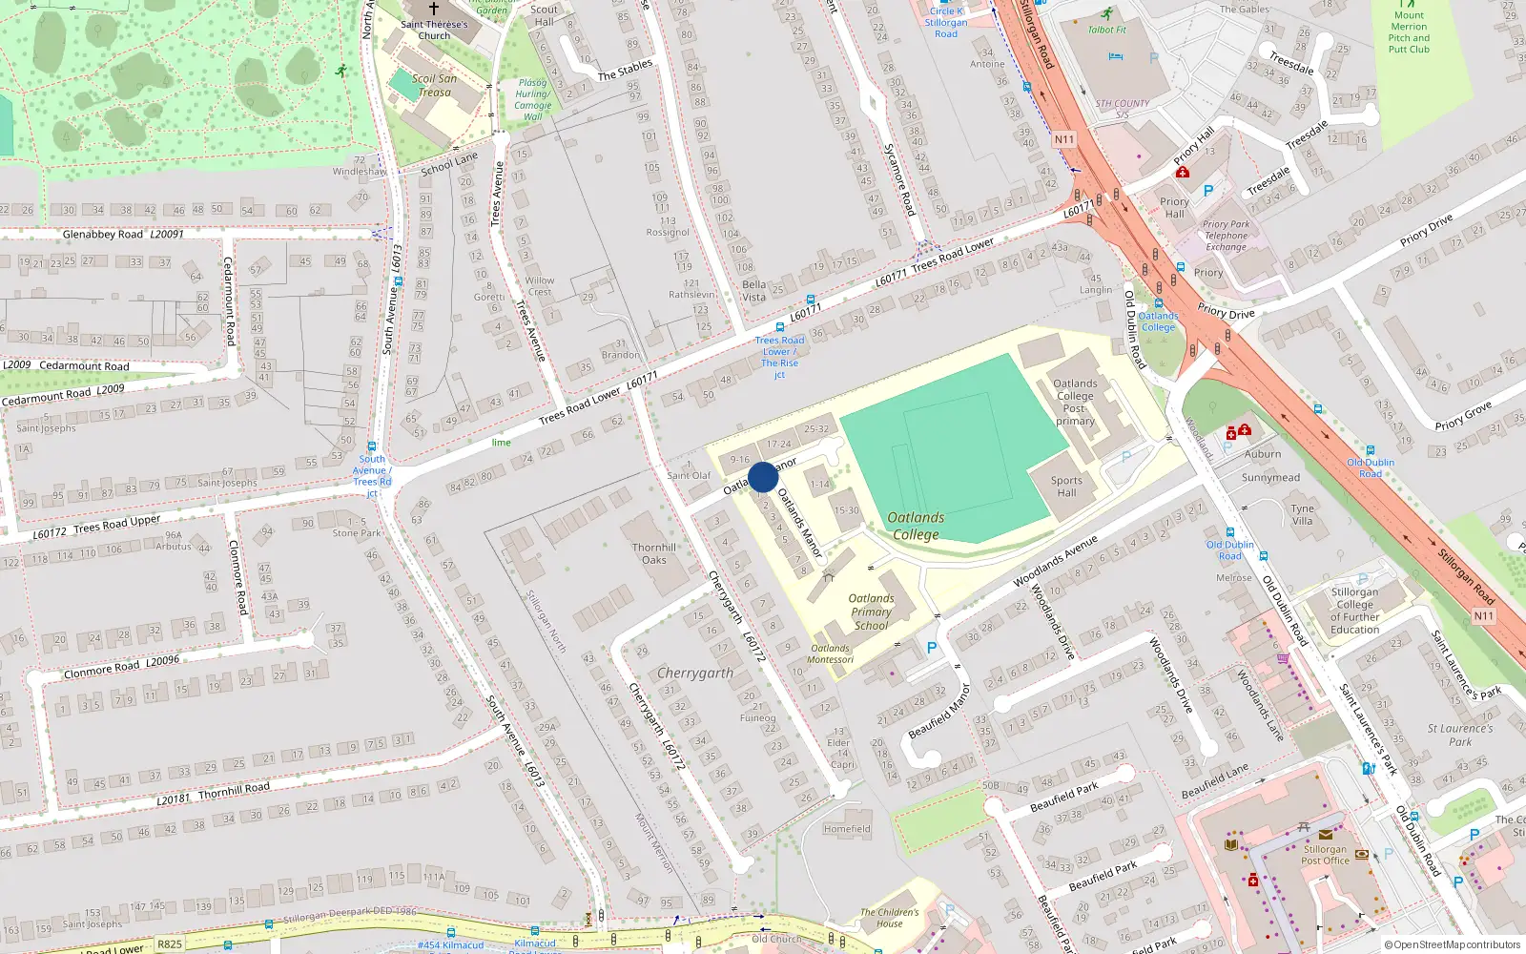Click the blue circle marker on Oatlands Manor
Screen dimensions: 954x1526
763,477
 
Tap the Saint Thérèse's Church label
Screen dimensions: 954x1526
434,31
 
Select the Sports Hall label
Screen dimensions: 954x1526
1066,487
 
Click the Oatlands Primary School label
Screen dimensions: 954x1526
871,612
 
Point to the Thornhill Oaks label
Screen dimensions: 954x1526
654,553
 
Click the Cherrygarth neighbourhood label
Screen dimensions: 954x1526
695,673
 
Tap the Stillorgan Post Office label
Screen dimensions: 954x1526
1326,855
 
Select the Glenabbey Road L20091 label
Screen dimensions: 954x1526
123,234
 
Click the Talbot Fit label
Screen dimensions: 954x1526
1106,30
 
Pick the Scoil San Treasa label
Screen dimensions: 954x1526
434,86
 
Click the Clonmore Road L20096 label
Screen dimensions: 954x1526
121,667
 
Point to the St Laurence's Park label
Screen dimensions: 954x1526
1460,735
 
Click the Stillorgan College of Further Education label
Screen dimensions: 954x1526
1354,611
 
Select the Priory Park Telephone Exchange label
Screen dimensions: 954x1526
1226,236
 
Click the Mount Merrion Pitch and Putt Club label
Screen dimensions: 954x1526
1409,32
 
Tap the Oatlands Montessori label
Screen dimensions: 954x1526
830,654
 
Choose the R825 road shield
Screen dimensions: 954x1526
170,944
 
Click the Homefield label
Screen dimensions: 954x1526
847,829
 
